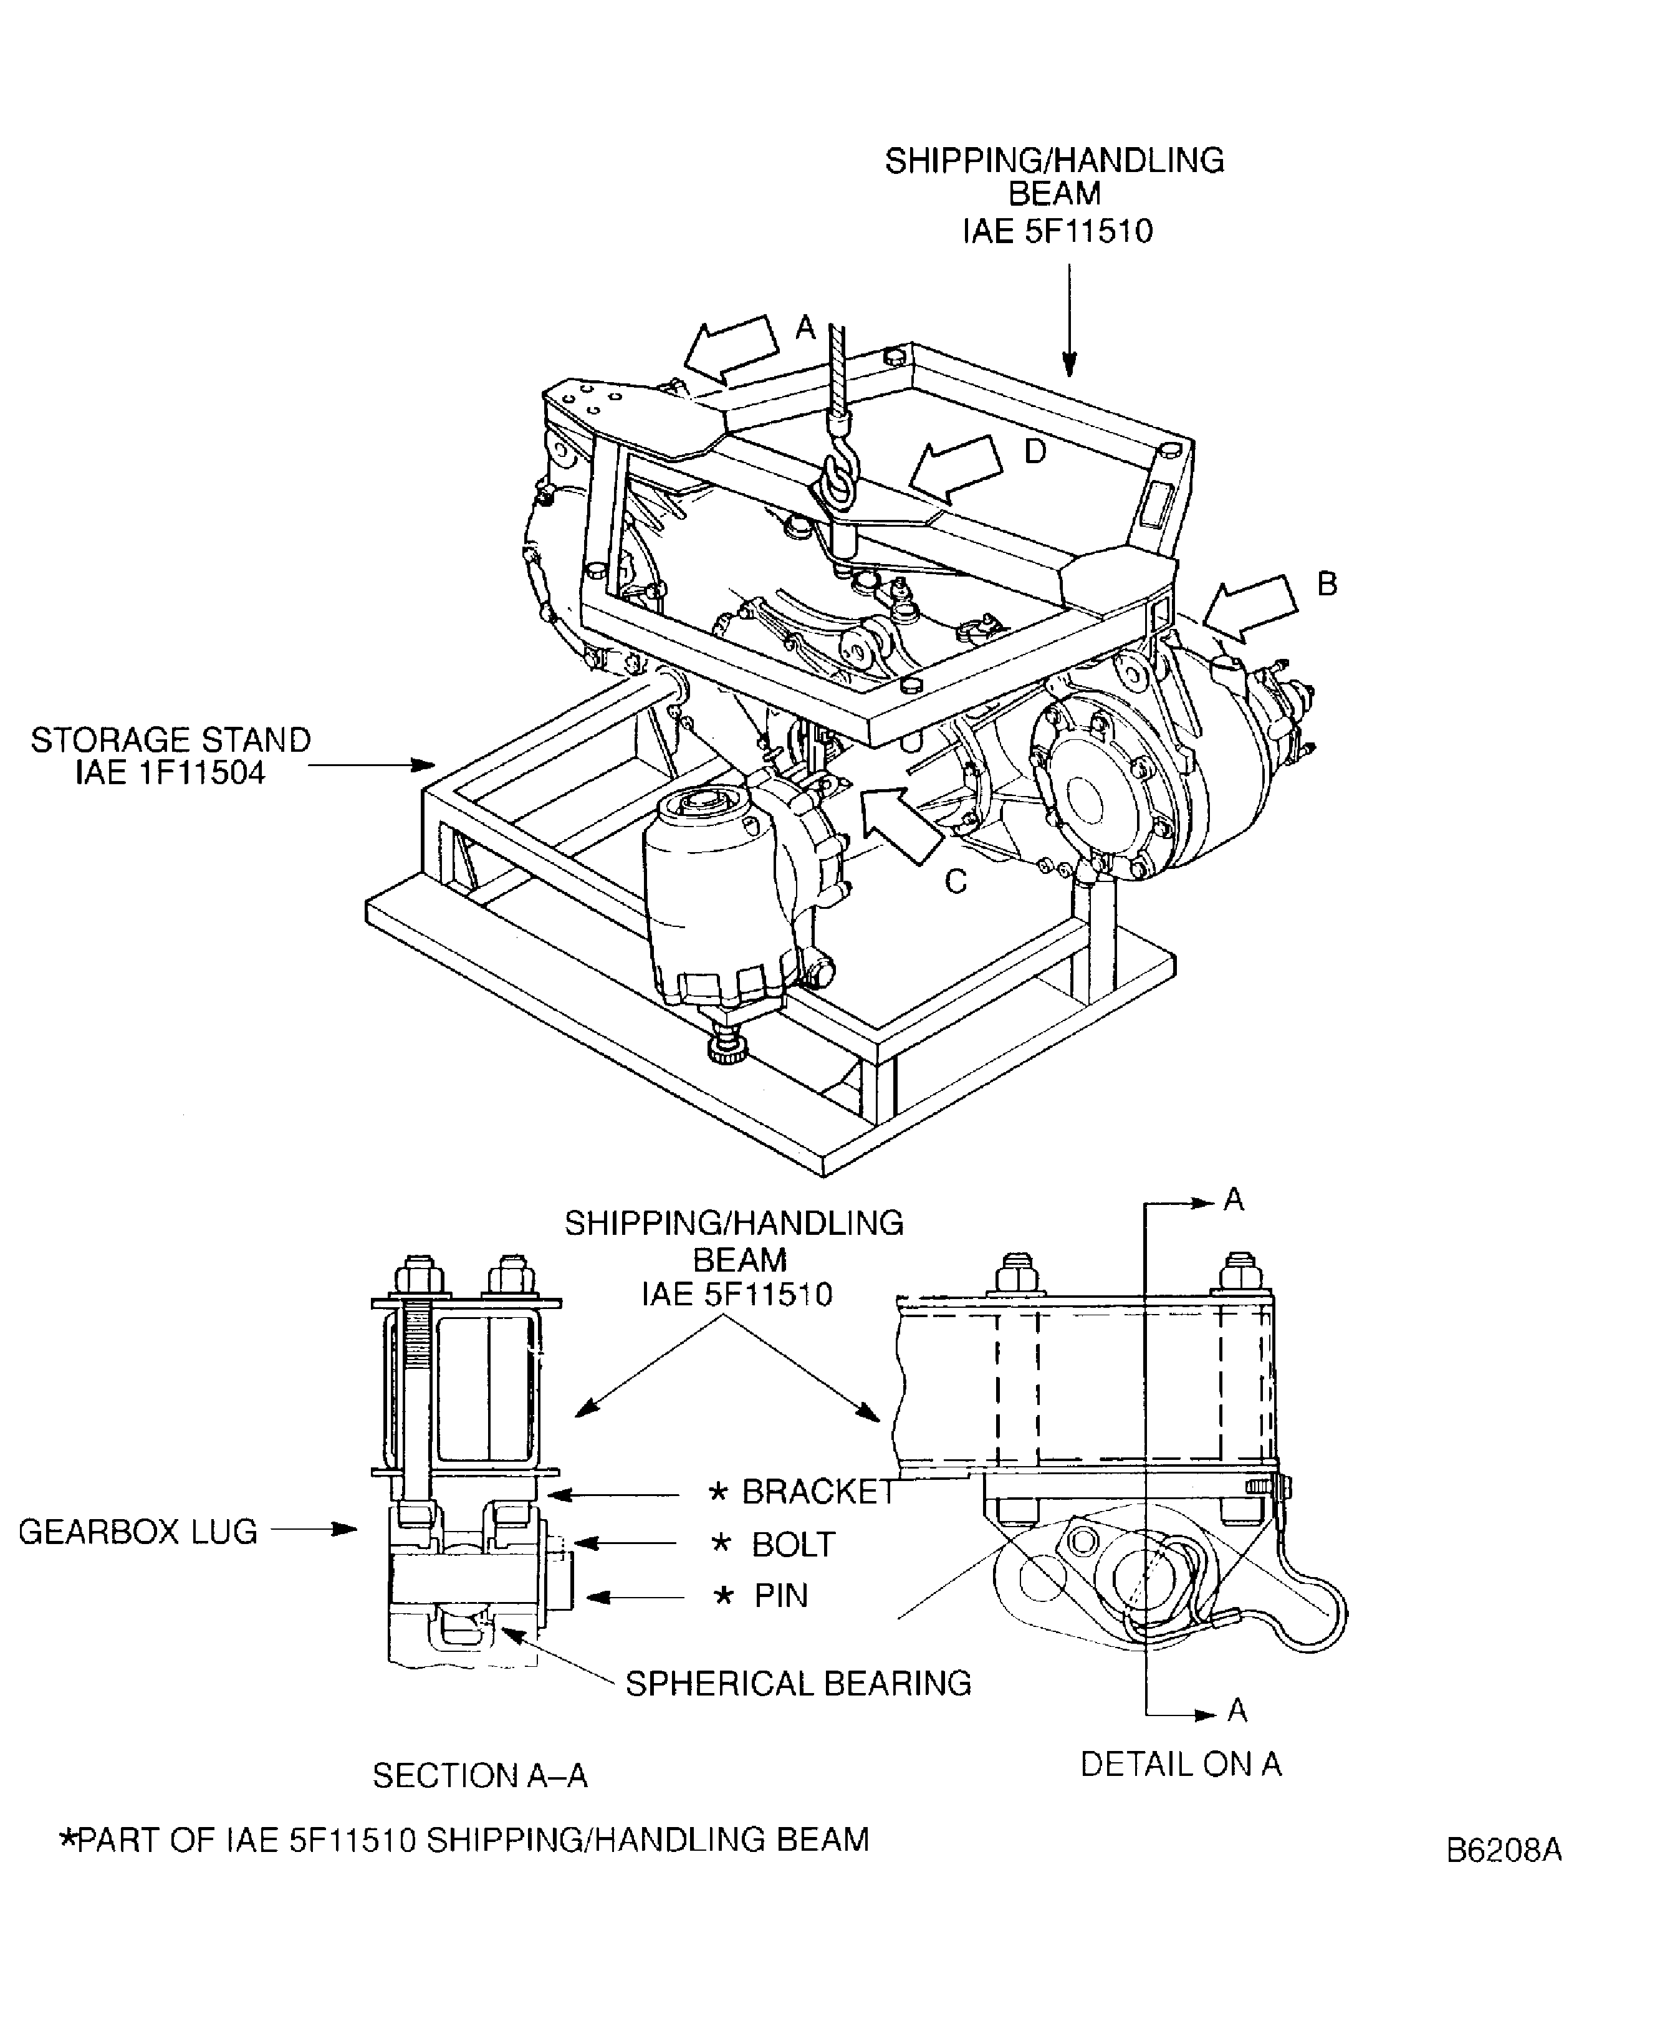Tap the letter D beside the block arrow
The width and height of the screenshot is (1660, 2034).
pyautogui.click(x=1035, y=451)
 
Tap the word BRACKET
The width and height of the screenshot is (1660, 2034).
pyautogui.click(x=818, y=1492)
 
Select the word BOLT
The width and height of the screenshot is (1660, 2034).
pyautogui.click(x=793, y=1545)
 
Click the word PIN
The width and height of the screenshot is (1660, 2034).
pyautogui.click(x=780, y=1595)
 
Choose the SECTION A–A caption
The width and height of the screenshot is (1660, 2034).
pyautogui.click(x=479, y=1776)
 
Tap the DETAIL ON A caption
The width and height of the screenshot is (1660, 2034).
pyautogui.click(x=1180, y=1764)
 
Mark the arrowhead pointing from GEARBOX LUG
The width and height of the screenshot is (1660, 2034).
pyautogui.click(x=346, y=1529)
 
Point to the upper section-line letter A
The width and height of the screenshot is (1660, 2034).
pyautogui.click(x=1234, y=1199)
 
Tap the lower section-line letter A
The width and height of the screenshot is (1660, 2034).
pyautogui.click(x=1236, y=1710)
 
